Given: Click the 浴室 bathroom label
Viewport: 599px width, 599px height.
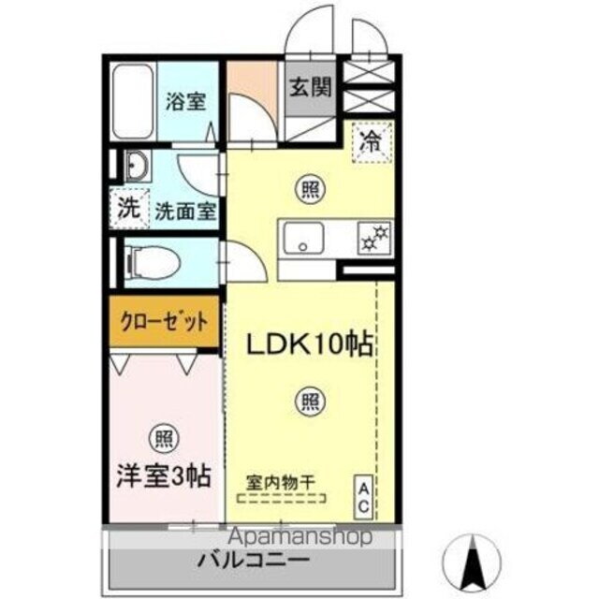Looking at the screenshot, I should [x=185, y=102].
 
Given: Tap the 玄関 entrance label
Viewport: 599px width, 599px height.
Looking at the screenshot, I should [x=309, y=89].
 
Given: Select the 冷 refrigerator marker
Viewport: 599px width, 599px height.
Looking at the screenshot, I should [x=372, y=142].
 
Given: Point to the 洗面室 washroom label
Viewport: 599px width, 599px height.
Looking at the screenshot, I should [x=185, y=211].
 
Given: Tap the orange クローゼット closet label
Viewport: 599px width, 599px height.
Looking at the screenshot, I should [x=164, y=321].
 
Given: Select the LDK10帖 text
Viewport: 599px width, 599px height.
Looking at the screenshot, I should [x=309, y=344].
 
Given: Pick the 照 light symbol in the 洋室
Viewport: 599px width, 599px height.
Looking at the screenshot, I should [x=163, y=437].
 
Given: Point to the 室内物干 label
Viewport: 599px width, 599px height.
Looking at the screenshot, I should [x=281, y=482].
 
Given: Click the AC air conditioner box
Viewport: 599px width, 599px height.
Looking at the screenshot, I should [x=362, y=495].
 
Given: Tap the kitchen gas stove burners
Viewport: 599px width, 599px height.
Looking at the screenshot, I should [x=374, y=237].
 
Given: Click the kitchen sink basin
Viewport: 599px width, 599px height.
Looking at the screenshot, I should [x=302, y=237].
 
